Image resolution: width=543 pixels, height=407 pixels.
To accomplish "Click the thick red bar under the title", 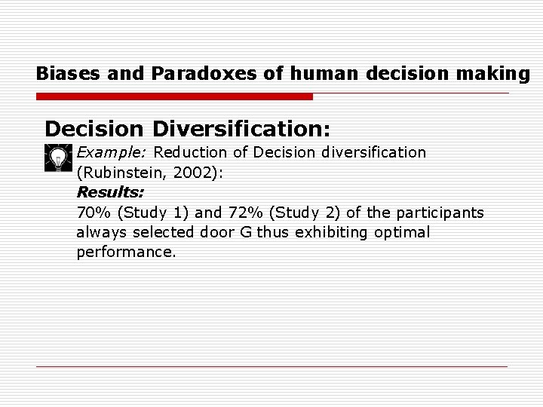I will pyautogui.click(x=174, y=96).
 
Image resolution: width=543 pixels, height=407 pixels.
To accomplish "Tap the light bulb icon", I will pyautogui.click(x=57, y=158).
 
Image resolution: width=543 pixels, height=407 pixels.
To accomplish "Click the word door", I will pyautogui.click(x=218, y=232).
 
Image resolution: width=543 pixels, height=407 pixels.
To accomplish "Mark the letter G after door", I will pyautogui.click(x=246, y=232).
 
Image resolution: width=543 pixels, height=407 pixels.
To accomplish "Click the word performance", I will pyautogui.click(x=126, y=252).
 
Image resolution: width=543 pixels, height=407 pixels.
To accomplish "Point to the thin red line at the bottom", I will pyautogui.click(x=271, y=366).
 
